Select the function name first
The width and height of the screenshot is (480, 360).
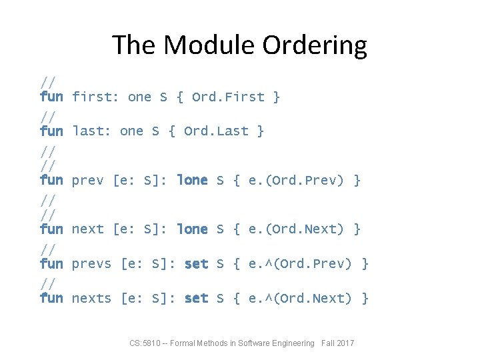click(95, 97)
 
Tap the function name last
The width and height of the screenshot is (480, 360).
click(91, 131)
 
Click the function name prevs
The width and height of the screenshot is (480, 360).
click(91, 264)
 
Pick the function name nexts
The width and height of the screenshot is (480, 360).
click(91, 298)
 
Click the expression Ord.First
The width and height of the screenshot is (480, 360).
click(228, 97)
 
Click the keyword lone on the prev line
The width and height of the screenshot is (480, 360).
click(192, 180)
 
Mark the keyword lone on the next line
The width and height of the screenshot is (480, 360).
click(192, 229)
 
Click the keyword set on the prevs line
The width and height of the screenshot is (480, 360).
click(196, 264)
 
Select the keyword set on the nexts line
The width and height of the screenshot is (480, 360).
click(196, 298)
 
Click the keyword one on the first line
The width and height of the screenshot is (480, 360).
click(139, 97)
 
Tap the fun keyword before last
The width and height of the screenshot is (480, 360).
click(51, 131)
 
